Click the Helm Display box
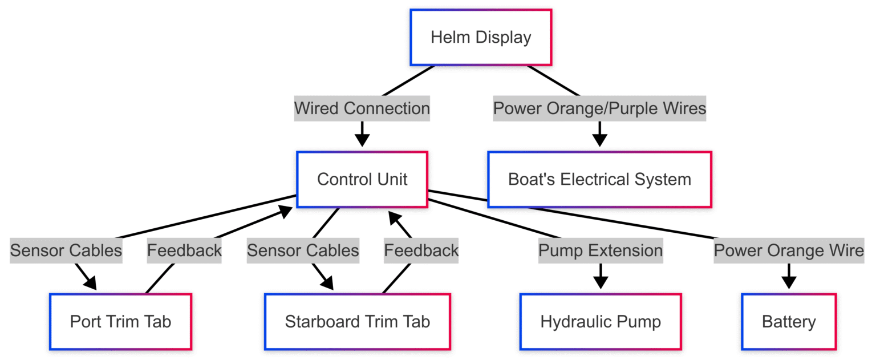pos(481,38)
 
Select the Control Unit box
pos(362,179)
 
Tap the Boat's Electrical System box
pos(599,179)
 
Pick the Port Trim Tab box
pos(120,321)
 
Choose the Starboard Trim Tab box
pos(357,321)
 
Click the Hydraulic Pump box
pos(601,321)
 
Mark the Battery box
pos(789,321)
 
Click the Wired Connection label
pos(362,108)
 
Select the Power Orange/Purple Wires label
pos(599,108)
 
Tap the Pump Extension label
pos(601,250)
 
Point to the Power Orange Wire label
pos(789,250)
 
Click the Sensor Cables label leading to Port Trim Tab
pos(66,250)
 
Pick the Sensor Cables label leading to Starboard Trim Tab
pos(303,250)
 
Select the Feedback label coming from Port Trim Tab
pos(184,250)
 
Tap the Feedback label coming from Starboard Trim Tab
pos(421,250)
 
